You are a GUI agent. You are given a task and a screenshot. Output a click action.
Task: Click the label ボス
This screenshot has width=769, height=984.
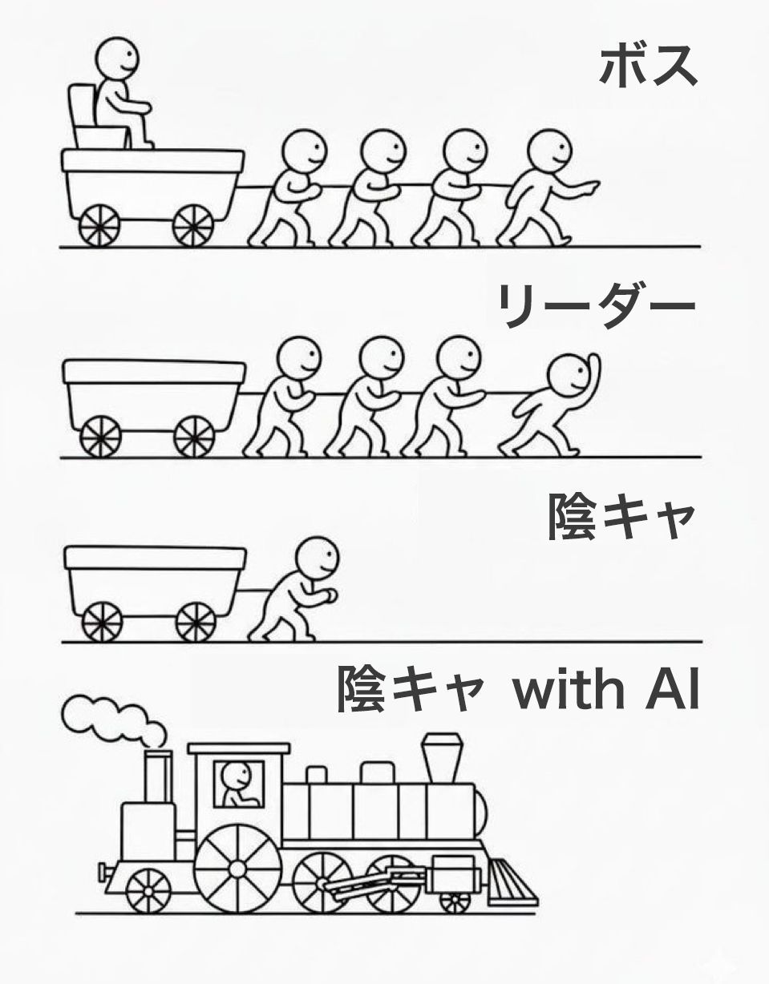coord(648,66)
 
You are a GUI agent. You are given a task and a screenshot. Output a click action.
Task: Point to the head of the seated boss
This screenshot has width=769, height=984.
coord(117,56)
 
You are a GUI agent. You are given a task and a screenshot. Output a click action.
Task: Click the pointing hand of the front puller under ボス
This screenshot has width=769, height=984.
coord(587,189)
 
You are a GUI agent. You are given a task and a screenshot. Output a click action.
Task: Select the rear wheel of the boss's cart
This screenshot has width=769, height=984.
coord(99,224)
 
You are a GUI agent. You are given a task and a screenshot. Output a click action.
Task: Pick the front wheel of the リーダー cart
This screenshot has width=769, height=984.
coord(194,436)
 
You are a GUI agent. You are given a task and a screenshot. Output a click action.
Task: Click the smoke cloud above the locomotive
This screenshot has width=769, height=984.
coord(112,717)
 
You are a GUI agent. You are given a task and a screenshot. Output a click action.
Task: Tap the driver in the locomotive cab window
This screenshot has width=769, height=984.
coord(237,784)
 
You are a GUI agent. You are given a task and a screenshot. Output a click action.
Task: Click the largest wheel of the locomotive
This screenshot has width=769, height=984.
coord(237,869)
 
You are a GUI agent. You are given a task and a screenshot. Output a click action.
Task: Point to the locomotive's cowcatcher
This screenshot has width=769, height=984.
coord(509,883)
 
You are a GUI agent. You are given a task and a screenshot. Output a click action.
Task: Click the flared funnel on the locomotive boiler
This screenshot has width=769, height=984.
coord(442,756)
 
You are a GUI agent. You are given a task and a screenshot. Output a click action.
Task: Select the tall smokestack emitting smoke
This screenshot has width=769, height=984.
coord(158,775)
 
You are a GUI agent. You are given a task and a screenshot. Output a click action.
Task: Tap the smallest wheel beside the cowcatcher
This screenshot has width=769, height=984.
coord(455,902)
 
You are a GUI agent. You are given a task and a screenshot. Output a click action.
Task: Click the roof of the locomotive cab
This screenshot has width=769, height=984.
coord(238,748)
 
